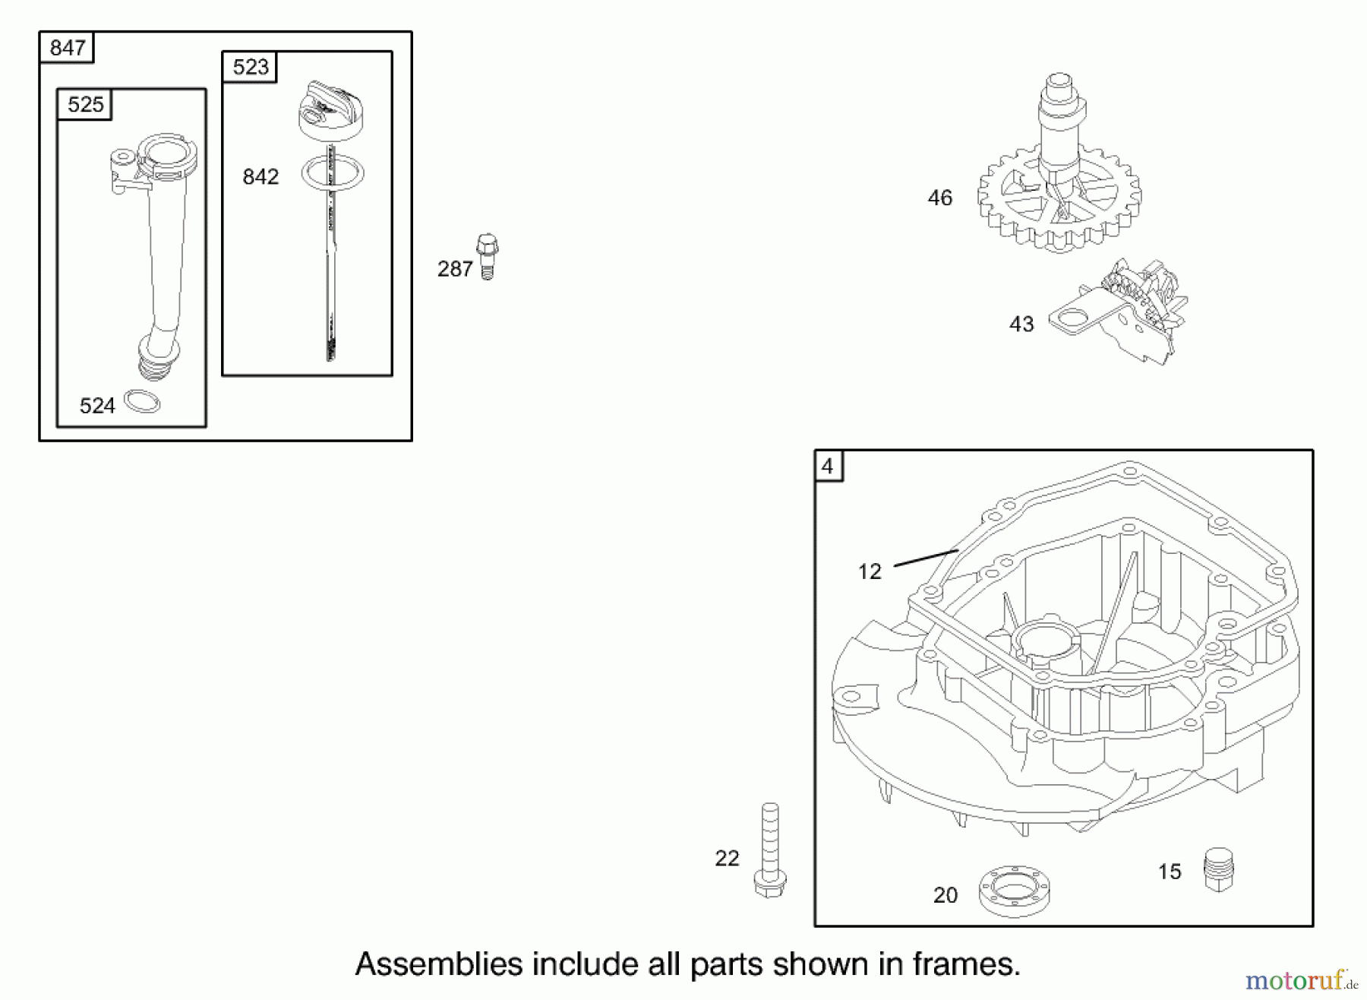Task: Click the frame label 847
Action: tap(67, 48)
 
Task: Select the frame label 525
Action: tap(85, 104)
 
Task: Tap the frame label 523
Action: tap(250, 67)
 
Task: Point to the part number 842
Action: tap(260, 177)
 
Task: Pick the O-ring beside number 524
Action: tap(142, 401)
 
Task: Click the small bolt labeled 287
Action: tap(488, 256)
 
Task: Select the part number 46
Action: tap(939, 198)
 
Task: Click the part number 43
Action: tap(1021, 324)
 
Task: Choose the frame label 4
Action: tap(828, 466)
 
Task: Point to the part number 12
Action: tap(870, 571)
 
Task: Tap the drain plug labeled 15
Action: tap(1219, 869)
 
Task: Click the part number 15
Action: tap(1170, 872)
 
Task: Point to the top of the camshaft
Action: tap(1059, 81)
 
